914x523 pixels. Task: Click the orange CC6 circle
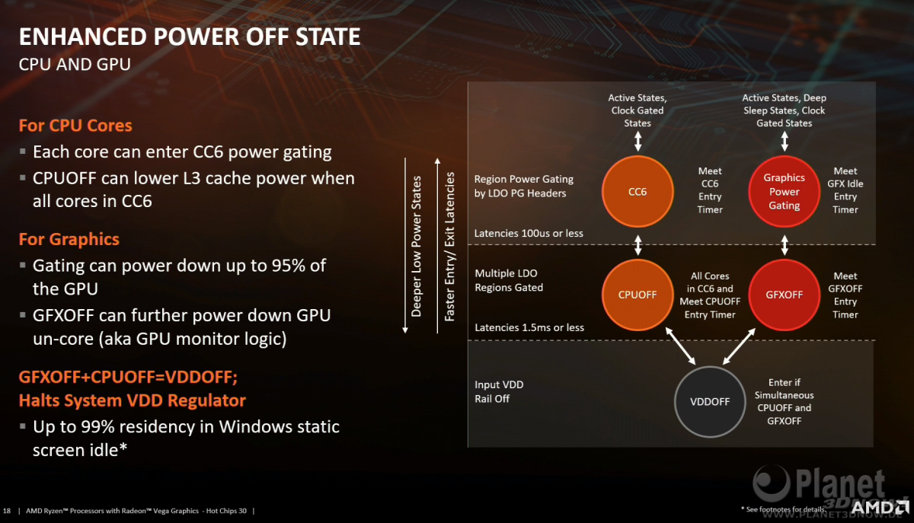coord(638,191)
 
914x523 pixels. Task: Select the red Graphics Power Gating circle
coord(784,191)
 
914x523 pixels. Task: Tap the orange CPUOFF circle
coord(638,295)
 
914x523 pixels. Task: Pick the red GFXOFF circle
coord(784,295)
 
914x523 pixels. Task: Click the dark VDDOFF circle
coord(710,401)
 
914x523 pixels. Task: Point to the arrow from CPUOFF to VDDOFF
coord(680,346)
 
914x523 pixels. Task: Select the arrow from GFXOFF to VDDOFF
coord(739,346)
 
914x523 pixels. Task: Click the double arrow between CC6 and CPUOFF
coord(638,245)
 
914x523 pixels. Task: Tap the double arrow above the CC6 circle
coord(638,142)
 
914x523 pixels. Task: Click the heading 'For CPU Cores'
coord(75,126)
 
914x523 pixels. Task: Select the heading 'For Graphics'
coord(69,239)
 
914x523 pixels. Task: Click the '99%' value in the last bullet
coord(97,427)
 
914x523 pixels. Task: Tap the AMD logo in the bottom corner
coord(880,508)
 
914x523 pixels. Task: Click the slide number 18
coord(7,511)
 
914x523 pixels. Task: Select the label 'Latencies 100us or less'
coord(529,234)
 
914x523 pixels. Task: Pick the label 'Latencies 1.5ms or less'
coord(529,327)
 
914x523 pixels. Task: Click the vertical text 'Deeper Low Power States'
coord(416,247)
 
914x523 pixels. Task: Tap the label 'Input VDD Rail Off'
coord(499,391)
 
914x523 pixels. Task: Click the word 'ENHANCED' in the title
coord(83,37)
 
